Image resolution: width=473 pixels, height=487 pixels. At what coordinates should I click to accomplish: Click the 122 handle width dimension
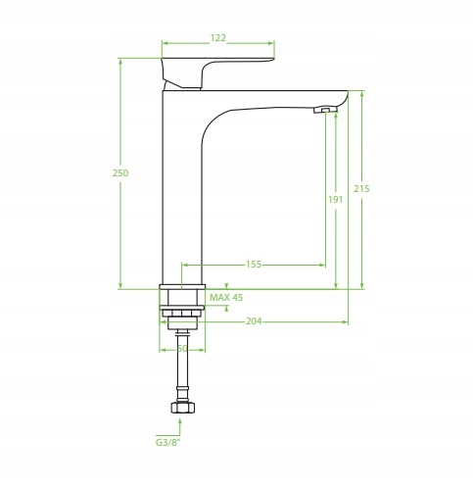tap(217, 38)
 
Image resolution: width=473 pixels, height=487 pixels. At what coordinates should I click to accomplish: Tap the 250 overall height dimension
tap(120, 172)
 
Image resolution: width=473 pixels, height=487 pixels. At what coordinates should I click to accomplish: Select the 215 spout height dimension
tap(361, 188)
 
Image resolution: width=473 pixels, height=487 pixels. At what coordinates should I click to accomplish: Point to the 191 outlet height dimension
tap(336, 199)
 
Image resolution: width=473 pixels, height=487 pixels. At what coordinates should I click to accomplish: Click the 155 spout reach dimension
tap(254, 265)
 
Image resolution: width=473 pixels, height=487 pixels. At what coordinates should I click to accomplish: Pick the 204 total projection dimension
tap(254, 321)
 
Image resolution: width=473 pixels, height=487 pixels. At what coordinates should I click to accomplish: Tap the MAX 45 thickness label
tap(226, 298)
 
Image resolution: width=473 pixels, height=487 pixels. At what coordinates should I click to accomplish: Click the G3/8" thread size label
tap(167, 443)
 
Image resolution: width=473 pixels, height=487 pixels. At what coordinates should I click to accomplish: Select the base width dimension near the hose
tap(182, 349)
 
